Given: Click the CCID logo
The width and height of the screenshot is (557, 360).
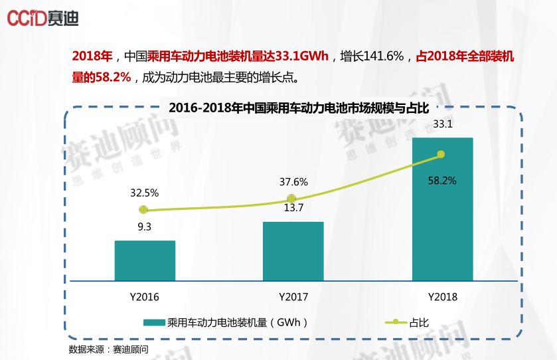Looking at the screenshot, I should point(43,18).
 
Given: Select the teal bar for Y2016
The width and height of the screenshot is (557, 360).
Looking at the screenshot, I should point(145,260).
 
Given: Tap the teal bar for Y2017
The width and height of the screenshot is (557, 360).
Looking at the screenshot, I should point(293,251).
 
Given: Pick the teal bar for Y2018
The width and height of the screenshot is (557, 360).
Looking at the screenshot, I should point(442,209).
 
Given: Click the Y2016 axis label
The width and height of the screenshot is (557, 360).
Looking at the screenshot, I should point(144,296).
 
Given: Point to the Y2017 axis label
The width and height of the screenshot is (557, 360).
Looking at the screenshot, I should point(293,296).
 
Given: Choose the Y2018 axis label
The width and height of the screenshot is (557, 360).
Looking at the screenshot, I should point(442,296).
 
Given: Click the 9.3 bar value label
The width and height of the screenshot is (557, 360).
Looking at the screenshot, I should point(145,226).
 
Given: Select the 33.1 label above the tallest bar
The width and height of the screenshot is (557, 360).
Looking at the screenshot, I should point(442,124).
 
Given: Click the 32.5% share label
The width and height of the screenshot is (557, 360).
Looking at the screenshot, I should point(144,193).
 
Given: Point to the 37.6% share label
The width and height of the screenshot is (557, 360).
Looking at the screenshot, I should point(293,182).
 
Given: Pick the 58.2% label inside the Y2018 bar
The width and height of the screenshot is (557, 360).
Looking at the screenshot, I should point(442,181).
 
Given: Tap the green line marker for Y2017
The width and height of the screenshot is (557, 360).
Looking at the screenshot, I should point(291,199).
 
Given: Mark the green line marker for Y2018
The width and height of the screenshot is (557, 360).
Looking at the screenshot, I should point(440,155).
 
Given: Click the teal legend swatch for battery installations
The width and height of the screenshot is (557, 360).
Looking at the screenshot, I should point(154,323).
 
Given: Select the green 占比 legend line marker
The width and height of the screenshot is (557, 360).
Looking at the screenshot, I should point(396,323).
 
